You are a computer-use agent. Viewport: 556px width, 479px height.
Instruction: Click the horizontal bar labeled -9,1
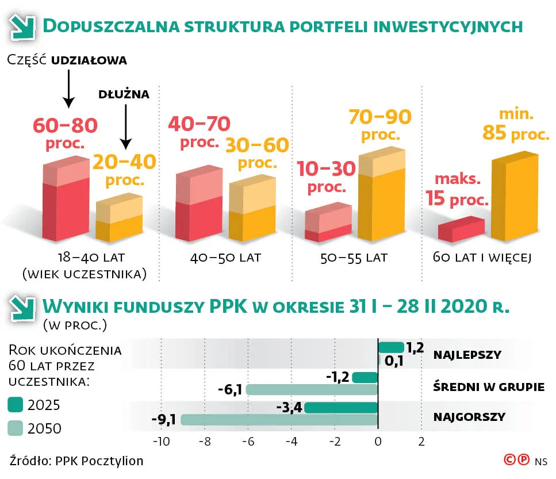click(279, 420)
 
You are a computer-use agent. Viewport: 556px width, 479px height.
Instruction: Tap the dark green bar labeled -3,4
click(341, 408)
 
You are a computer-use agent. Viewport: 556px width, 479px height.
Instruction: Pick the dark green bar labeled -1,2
click(365, 378)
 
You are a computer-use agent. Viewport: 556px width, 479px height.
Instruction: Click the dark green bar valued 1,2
click(391, 347)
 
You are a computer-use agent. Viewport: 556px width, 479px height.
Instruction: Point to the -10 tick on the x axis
click(160, 442)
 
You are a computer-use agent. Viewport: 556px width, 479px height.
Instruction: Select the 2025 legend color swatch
click(17, 405)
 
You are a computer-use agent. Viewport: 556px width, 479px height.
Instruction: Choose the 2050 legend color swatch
click(17, 428)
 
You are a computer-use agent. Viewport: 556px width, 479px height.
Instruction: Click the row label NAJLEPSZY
click(467, 354)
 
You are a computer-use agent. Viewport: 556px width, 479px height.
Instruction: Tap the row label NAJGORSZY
click(470, 416)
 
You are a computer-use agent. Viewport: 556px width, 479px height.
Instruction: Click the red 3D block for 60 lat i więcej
click(461, 229)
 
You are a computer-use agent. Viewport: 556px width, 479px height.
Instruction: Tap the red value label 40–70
click(199, 124)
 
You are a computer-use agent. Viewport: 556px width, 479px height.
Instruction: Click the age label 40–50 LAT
click(225, 258)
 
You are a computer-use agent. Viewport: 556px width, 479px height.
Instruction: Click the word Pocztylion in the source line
click(115, 461)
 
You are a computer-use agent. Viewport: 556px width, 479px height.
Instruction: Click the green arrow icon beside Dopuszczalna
click(21, 26)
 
